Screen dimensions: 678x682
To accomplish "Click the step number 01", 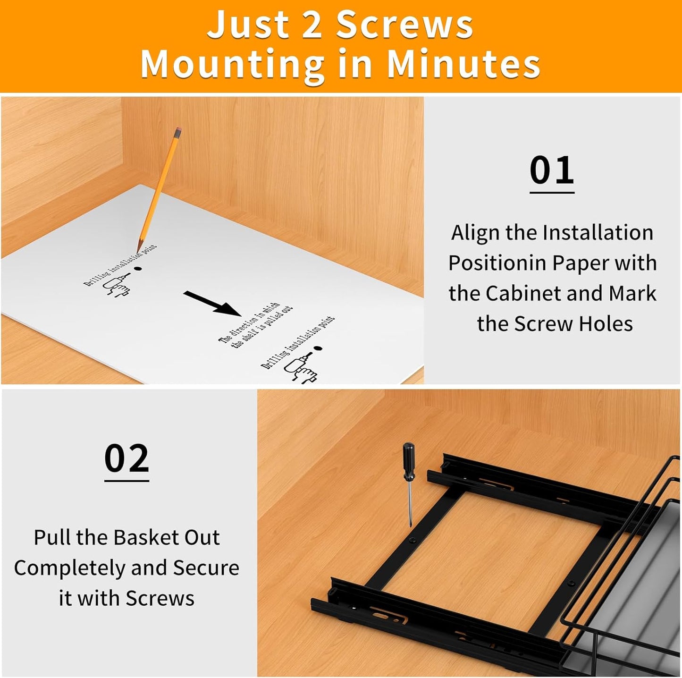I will [x=551, y=170].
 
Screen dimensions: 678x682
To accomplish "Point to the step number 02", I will [x=126, y=458].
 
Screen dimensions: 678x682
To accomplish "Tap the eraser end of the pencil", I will [x=177, y=132].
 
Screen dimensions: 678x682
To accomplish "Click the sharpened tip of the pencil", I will [x=139, y=250].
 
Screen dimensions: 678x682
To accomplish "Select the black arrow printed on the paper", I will [x=212, y=303].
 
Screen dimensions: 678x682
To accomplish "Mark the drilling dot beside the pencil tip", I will [x=138, y=268].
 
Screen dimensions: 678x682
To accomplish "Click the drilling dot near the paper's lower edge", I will [x=318, y=348].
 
